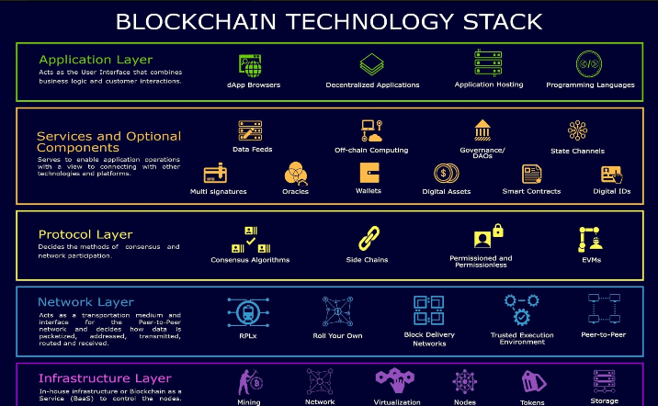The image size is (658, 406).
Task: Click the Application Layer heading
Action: click(x=96, y=60)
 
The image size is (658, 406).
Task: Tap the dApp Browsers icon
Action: click(x=250, y=63)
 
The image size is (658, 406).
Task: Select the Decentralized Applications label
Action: click(x=372, y=85)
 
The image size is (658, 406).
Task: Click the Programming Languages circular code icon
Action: click(x=589, y=63)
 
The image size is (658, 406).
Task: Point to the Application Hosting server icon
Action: click(x=488, y=62)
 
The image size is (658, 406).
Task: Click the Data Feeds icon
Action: click(x=251, y=130)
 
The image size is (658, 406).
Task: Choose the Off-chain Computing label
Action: click(x=371, y=150)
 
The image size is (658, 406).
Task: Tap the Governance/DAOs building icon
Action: click(x=482, y=130)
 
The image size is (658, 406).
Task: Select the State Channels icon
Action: click(x=577, y=130)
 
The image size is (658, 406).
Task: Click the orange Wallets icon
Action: click(x=369, y=172)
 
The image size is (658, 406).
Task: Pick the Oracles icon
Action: click(x=295, y=173)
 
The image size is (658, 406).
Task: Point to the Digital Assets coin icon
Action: click(x=446, y=173)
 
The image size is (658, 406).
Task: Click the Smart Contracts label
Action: click(x=532, y=191)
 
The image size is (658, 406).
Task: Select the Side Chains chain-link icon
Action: click(x=369, y=239)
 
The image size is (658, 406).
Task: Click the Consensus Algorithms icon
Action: click(x=250, y=239)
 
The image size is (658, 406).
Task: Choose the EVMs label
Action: click(x=591, y=260)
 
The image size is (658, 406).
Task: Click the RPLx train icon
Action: click(x=242, y=311)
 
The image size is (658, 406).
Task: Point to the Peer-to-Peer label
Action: click(x=603, y=334)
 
